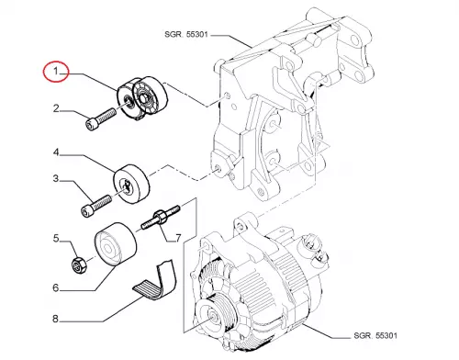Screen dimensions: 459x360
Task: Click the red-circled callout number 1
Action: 56,72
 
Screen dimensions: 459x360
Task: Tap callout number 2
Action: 56,108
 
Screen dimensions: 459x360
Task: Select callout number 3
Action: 56,178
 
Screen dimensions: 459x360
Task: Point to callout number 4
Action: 56,152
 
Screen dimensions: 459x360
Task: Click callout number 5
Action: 56,238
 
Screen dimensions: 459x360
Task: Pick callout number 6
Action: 56,287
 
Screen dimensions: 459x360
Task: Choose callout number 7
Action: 178,238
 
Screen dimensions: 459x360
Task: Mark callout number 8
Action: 55,319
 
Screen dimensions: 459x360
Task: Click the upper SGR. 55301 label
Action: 186,34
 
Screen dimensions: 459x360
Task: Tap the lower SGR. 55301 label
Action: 375,335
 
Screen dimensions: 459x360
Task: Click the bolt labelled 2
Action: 100,119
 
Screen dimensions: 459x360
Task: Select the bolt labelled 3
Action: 96,206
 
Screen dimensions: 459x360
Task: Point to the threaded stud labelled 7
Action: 162,217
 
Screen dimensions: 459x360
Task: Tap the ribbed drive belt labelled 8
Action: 155,279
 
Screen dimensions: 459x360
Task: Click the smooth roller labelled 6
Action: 115,244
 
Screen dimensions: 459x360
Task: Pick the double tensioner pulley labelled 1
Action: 142,97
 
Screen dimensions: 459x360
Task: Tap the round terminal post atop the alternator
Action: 312,242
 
